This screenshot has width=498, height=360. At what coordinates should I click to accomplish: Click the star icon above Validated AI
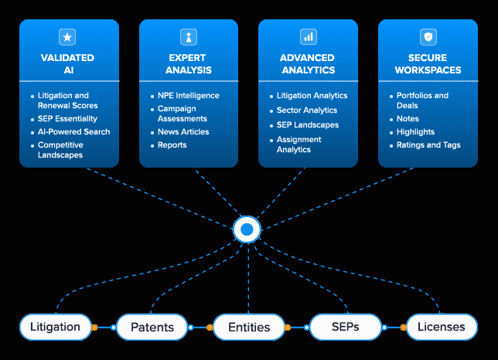coord(67,37)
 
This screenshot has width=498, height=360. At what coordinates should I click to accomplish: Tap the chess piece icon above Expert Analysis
coord(189,37)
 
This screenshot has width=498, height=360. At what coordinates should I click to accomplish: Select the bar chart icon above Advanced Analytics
coord(309,37)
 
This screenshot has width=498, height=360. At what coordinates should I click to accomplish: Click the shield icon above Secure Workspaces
coord(428,37)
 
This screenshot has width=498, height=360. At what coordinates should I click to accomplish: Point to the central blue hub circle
coord(247,229)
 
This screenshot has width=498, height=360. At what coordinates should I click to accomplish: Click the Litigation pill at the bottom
coord(55,327)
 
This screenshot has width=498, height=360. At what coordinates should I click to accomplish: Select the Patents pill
coord(152,327)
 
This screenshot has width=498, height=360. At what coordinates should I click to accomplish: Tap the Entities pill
coord(249,327)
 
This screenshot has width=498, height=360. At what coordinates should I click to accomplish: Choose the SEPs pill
coord(345,327)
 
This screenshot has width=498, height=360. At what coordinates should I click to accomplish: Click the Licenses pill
coord(442,327)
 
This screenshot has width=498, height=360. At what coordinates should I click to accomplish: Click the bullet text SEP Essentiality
coord(67,119)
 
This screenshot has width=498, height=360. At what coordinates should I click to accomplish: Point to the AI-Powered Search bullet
coord(73,131)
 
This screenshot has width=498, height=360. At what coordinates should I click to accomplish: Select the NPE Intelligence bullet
coord(189,96)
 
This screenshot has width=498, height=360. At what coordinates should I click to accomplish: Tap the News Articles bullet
coord(183,131)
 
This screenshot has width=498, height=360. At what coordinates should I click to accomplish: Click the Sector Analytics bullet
coord(307,110)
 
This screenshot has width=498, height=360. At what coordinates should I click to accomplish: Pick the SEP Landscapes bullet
coord(308,125)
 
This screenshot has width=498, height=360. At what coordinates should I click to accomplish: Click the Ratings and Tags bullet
coord(428,145)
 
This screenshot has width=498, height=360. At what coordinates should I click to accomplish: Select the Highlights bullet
coord(415,131)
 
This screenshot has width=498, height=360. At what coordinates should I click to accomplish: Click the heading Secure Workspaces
coord(428,64)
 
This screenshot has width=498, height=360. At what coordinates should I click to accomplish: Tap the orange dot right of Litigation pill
coord(94,328)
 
